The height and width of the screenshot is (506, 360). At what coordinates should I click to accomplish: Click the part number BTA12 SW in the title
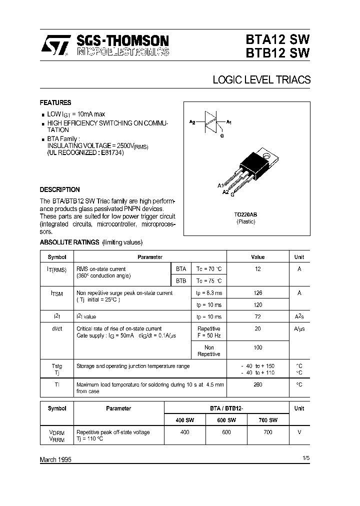(277, 39)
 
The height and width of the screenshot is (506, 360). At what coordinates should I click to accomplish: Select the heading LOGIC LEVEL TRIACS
(261, 80)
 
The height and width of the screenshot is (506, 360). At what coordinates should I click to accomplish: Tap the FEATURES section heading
(55, 102)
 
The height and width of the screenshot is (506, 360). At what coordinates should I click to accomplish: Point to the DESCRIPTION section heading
(59, 190)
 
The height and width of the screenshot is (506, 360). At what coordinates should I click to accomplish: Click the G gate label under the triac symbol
(221, 135)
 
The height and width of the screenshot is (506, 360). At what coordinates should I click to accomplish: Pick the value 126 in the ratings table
(258, 293)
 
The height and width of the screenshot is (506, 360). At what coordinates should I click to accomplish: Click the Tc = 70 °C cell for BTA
(208, 268)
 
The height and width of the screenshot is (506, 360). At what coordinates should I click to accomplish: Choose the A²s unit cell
(299, 317)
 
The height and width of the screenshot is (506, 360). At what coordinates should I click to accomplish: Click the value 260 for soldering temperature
(258, 384)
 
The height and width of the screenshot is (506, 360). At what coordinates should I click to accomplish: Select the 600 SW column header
(226, 420)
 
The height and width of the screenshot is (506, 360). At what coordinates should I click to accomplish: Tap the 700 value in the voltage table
(267, 432)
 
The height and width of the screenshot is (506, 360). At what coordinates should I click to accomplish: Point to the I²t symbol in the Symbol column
(56, 317)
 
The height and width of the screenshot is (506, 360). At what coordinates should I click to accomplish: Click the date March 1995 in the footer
(55, 459)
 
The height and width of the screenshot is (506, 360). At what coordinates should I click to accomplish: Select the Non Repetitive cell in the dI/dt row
(209, 350)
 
